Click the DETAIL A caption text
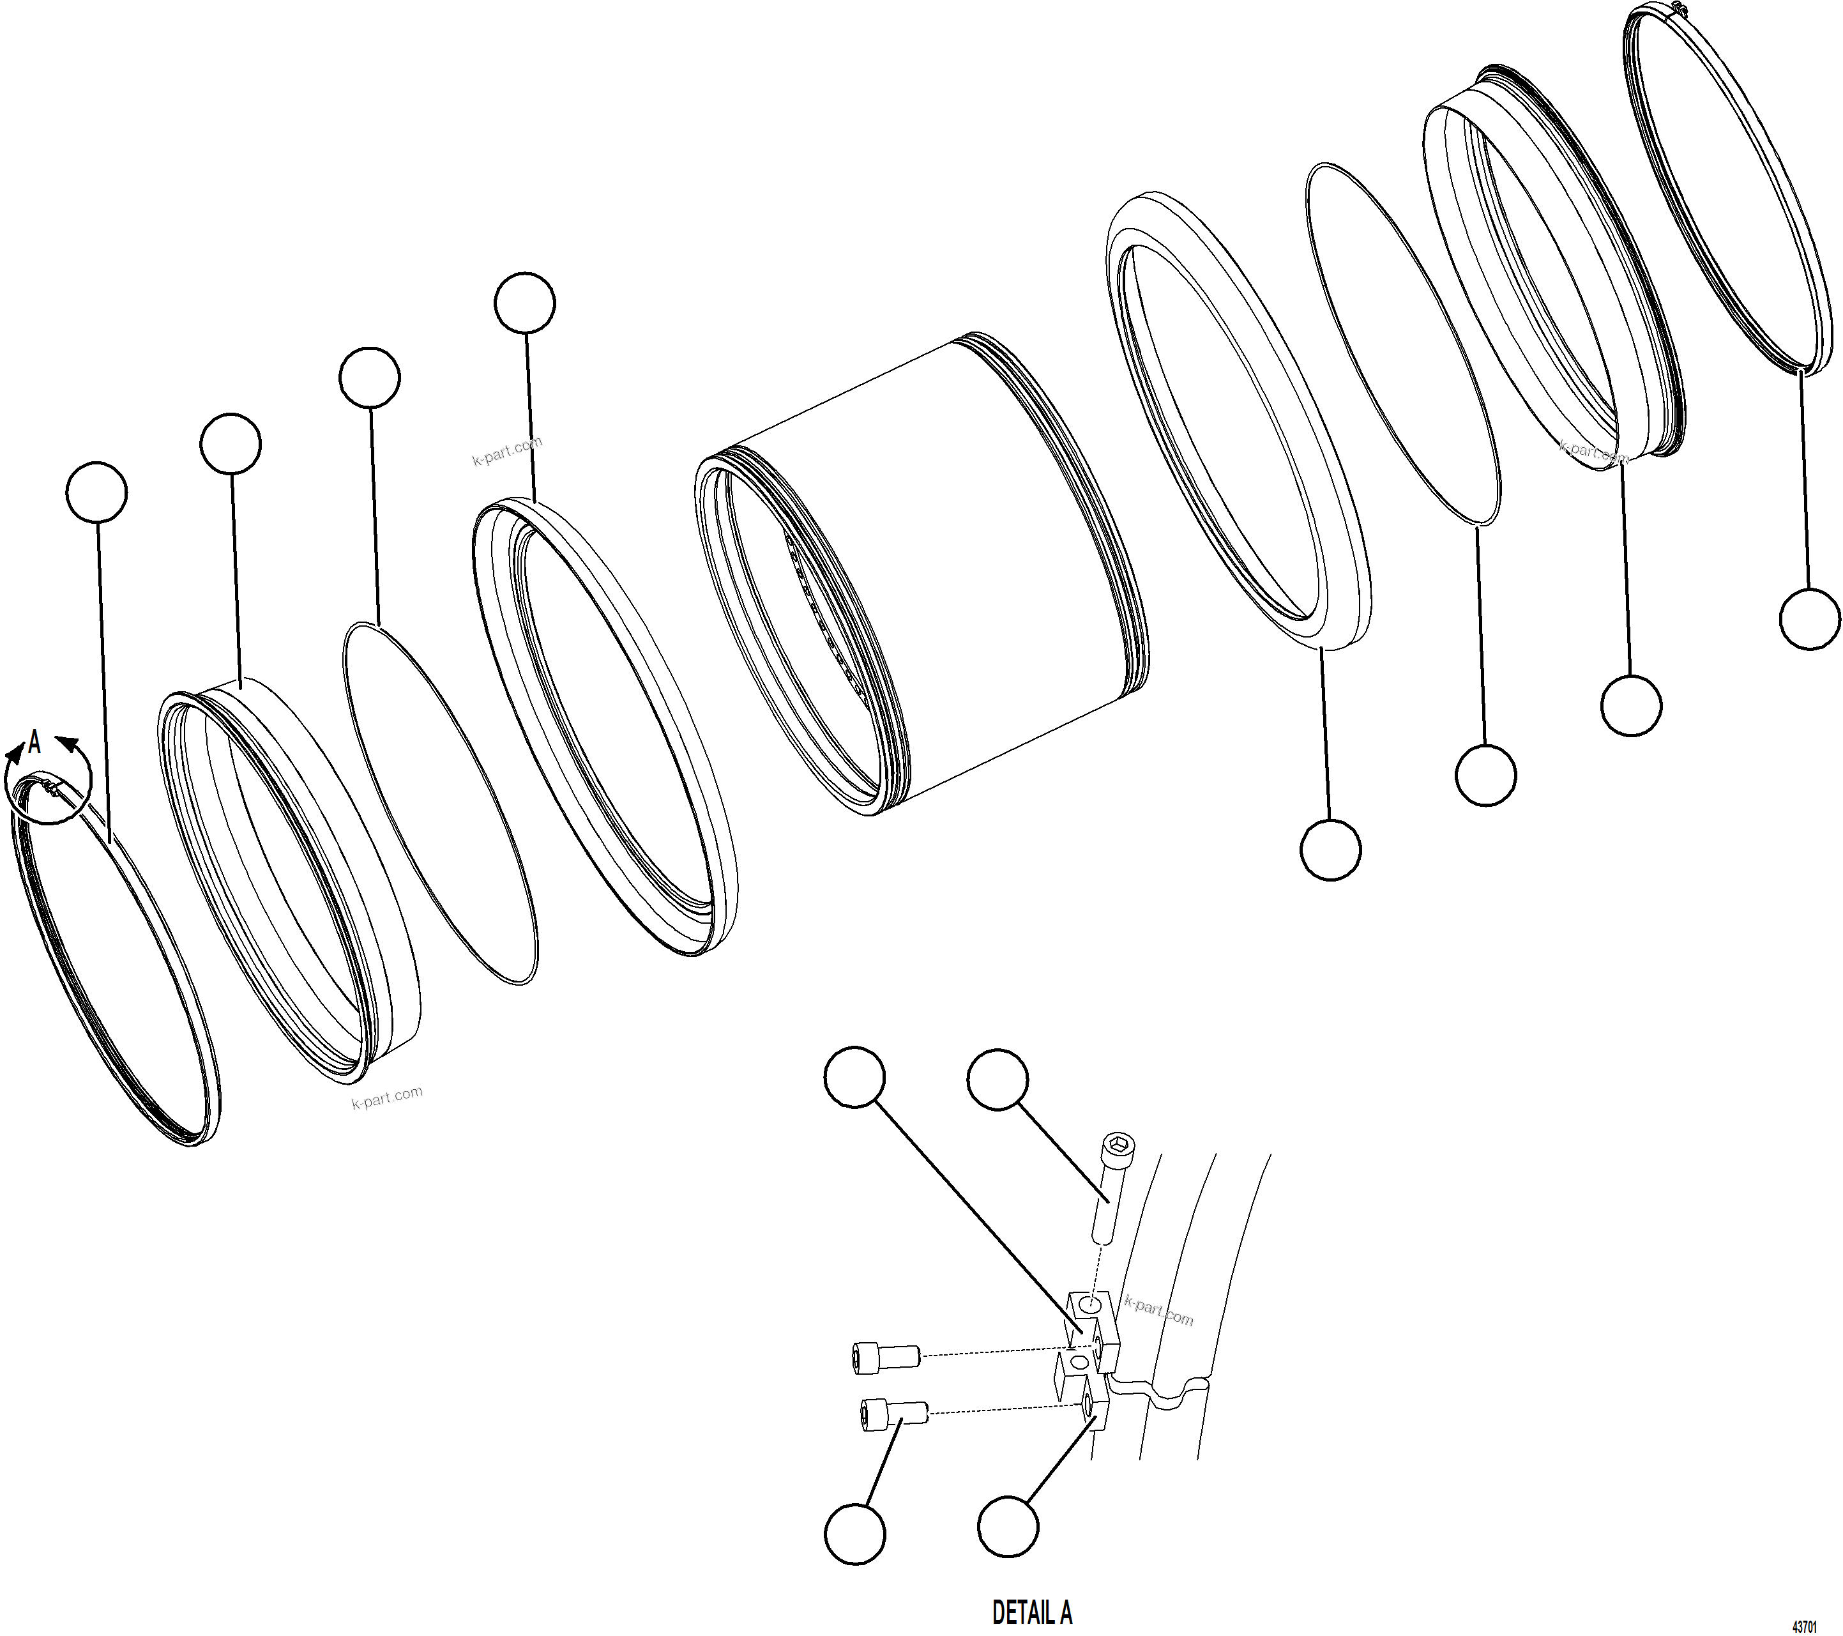point(1031,1612)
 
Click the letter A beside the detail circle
point(35,742)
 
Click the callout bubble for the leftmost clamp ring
point(96,493)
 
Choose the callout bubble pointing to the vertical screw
point(997,1079)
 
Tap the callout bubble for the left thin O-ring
point(370,377)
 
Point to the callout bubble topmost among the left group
point(525,303)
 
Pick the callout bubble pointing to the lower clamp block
point(1008,1527)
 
